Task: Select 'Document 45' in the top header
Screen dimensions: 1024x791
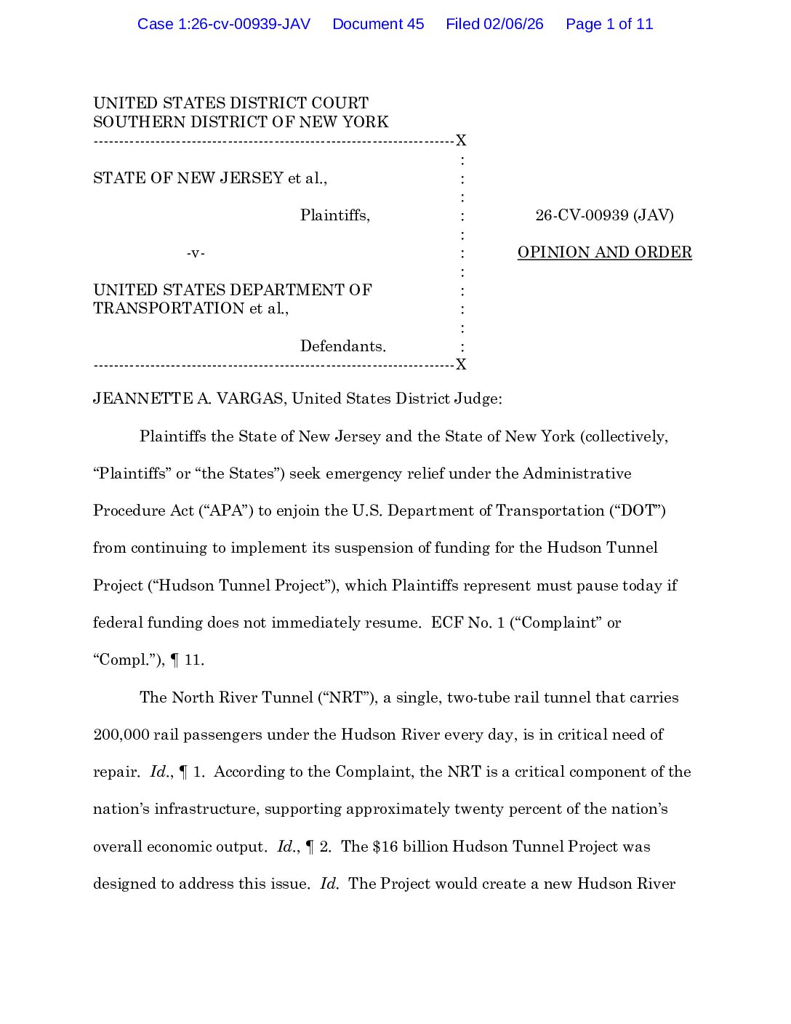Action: coord(378,24)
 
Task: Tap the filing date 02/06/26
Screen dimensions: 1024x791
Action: coord(513,24)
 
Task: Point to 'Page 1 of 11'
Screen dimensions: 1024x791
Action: coord(609,24)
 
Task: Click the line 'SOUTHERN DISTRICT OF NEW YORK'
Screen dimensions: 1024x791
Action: coord(241,121)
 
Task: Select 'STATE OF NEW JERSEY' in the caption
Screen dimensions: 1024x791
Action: coord(188,178)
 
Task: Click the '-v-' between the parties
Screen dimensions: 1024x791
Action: coord(196,253)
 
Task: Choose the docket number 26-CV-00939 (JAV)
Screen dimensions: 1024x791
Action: coord(604,215)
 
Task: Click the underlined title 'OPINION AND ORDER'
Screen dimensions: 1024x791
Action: coord(604,252)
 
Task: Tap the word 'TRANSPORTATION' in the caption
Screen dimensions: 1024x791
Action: coord(169,308)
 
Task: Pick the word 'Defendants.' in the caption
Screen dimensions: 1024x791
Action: coord(343,346)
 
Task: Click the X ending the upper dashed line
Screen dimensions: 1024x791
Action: coord(461,140)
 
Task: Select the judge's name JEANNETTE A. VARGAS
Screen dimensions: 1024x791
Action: coord(188,399)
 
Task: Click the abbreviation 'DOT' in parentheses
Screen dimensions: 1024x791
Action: coord(638,511)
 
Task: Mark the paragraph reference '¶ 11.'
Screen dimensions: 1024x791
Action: coord(187,660)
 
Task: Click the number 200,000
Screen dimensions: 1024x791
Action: coord(121,735)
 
